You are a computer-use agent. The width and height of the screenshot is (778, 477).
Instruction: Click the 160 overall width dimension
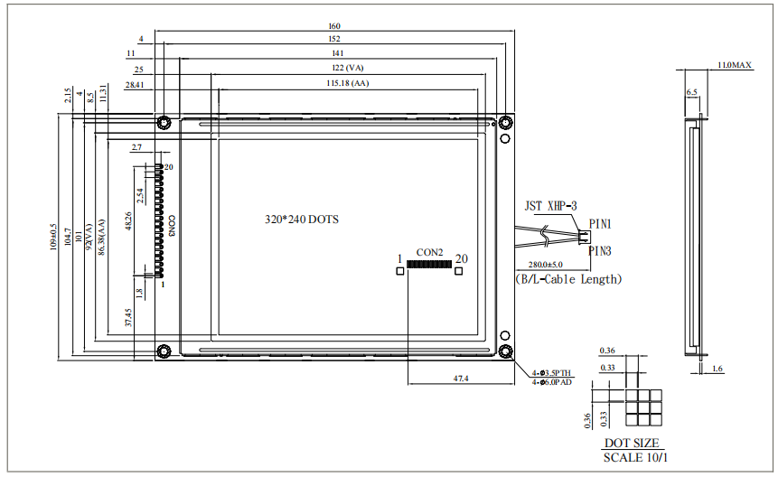click(334, 26)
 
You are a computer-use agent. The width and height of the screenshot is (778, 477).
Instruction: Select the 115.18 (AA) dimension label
click(348, 83)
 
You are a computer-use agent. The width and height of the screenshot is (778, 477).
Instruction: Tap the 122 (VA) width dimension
click(348, 69)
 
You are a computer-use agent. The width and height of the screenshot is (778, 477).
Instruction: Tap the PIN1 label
click(601, 223)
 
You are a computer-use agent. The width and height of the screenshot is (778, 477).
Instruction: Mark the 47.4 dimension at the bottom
click(460, 378)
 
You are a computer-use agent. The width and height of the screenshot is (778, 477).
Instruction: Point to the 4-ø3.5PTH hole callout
click(550, 372)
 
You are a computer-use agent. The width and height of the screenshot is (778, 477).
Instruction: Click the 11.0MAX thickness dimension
click(734, 66)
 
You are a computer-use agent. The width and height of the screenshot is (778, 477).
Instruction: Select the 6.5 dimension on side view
click(692, 92)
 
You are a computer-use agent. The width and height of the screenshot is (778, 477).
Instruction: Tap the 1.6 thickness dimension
click(717, 369)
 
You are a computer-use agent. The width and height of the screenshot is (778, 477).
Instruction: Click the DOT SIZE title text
click(632, 444)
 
